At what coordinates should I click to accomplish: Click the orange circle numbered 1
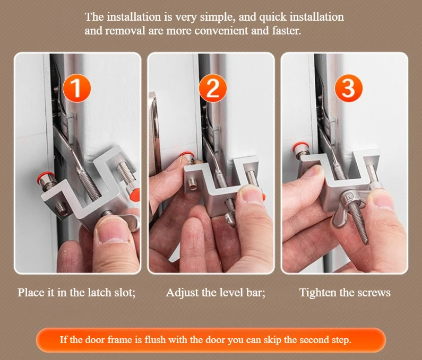pos(76,88)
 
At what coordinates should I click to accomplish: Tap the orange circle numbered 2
pos(213,88)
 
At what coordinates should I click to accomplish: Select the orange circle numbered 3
pos(348,88)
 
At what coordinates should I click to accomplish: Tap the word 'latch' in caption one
pos(81,292)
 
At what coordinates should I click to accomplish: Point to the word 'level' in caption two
pos(231,292)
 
